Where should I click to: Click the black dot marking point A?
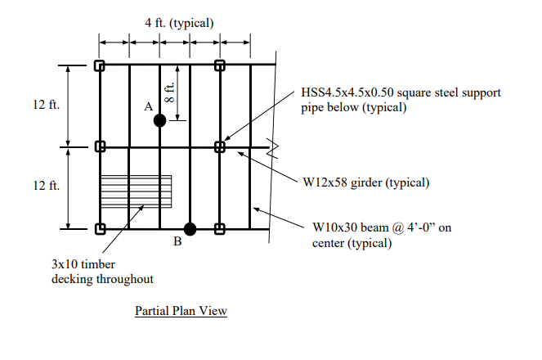(x=160, y=120)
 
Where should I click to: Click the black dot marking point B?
(x=190, y=229)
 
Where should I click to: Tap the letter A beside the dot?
(x=148, y=106)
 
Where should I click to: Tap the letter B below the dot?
(x=175, y=241)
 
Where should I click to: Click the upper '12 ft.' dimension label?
(x=47, y=106)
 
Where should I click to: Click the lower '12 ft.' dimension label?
(x=47, y=187)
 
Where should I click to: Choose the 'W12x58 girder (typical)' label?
(x=365, y=182)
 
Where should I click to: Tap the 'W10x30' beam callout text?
(x=335, y=227)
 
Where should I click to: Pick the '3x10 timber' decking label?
(x=82, y=265)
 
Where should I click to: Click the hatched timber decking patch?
(x=136, y=192)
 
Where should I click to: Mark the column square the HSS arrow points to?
(x=220, y=147)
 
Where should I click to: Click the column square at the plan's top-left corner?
(x=100, y=65)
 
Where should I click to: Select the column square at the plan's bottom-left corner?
(x=100, y=229)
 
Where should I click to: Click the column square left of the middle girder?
(x=100, y=147)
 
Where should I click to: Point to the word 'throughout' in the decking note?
(x=126, y=280)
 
